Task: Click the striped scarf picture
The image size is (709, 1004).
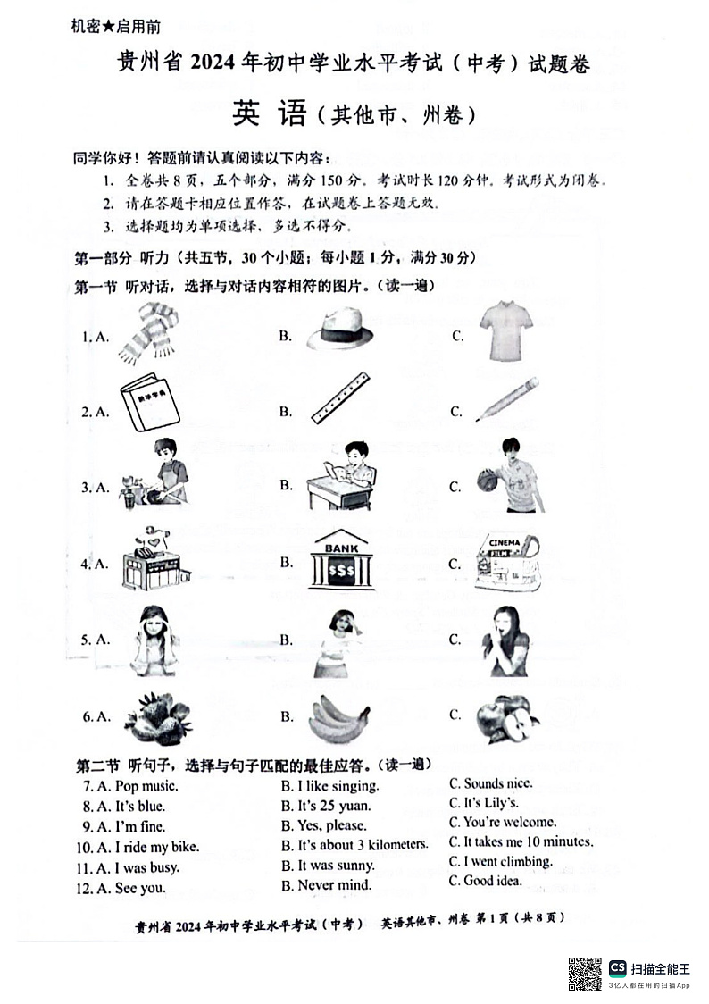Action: point(147,334)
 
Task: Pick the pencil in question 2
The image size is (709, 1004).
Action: point(507,399)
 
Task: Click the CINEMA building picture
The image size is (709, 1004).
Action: point(507,562)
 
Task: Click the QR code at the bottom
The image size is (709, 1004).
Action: point(585,973)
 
